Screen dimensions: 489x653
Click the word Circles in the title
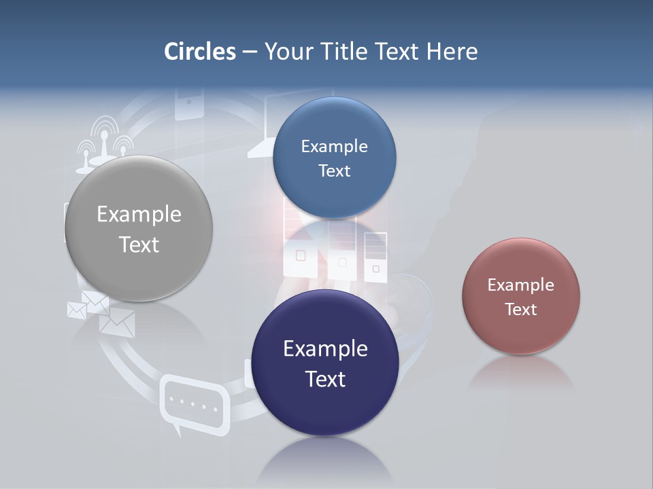click(x=200, y=52)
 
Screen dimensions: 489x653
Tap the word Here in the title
click(x=452, y=52)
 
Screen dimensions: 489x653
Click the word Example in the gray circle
click(x=139, y=215)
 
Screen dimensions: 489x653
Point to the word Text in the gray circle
click(x=139, y=244)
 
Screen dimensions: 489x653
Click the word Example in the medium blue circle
click(x=334, y=147)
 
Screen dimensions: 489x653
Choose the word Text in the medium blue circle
click(x=334, y=171)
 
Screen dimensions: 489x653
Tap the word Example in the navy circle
click(x=325, y=349)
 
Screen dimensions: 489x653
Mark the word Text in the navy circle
click(x=325, y=379)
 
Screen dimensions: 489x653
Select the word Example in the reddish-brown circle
click(x=521, y=285)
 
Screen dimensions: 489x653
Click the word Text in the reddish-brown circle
click(x=521, y=310)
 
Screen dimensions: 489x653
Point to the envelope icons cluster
click(x=102, y=312)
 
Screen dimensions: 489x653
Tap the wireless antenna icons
click(x=103, y=145)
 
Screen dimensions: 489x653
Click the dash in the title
click(x=250, y=52)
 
